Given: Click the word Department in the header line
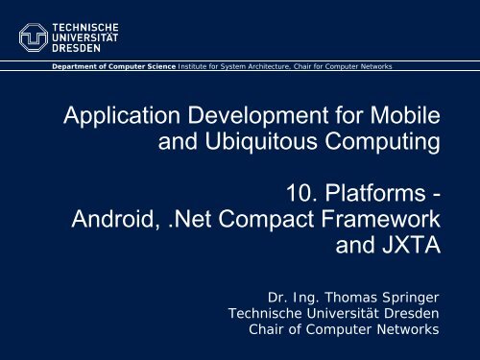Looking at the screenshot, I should click(72, 66).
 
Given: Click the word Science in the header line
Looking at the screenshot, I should click(153, 66).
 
